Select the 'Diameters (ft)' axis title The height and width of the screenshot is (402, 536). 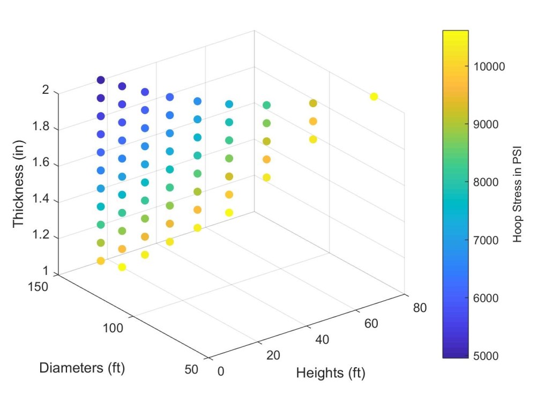point(82,368)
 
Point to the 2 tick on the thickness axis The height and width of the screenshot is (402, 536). point(46,91)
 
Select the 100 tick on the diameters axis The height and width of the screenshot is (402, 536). point(114,328)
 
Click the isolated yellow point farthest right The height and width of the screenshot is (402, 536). point(374,96)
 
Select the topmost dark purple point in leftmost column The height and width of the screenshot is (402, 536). point(100,80)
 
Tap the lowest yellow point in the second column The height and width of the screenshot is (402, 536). point(122,267)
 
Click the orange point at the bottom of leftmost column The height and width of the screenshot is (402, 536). point(100,260)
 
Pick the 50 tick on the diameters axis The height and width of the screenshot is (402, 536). point(191,369)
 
